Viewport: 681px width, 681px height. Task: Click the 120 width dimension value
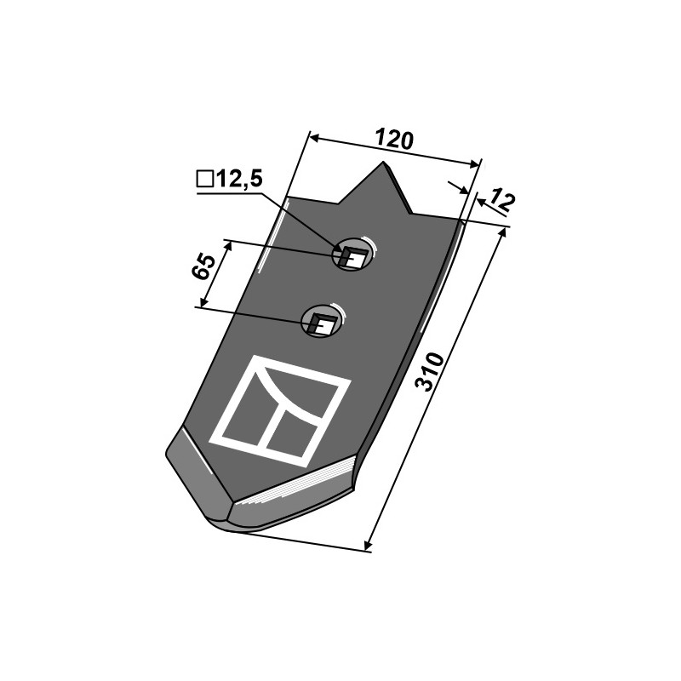pyautogui.click(x=393, y=139)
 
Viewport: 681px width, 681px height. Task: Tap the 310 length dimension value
pyautogui.click(x=430, y=372)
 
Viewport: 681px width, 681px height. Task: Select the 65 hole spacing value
pyautogui.click(x=203, y=266)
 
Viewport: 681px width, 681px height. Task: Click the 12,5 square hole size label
pyautogui.click(x=239, y=179)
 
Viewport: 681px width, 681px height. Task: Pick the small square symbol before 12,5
pyautogui.click(x=205, y=179)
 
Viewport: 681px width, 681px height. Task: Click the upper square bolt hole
pyautogui.click(x=352, y=257)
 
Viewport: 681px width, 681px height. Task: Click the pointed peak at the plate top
pyautogui.click(x=384, y=163)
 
